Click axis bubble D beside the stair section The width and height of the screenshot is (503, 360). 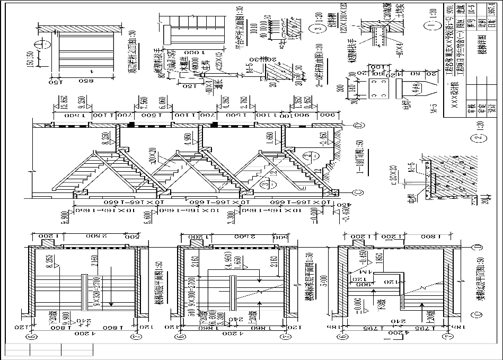click(x=356, y=125)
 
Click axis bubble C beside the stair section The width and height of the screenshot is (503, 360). click(x=356, y=192)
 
